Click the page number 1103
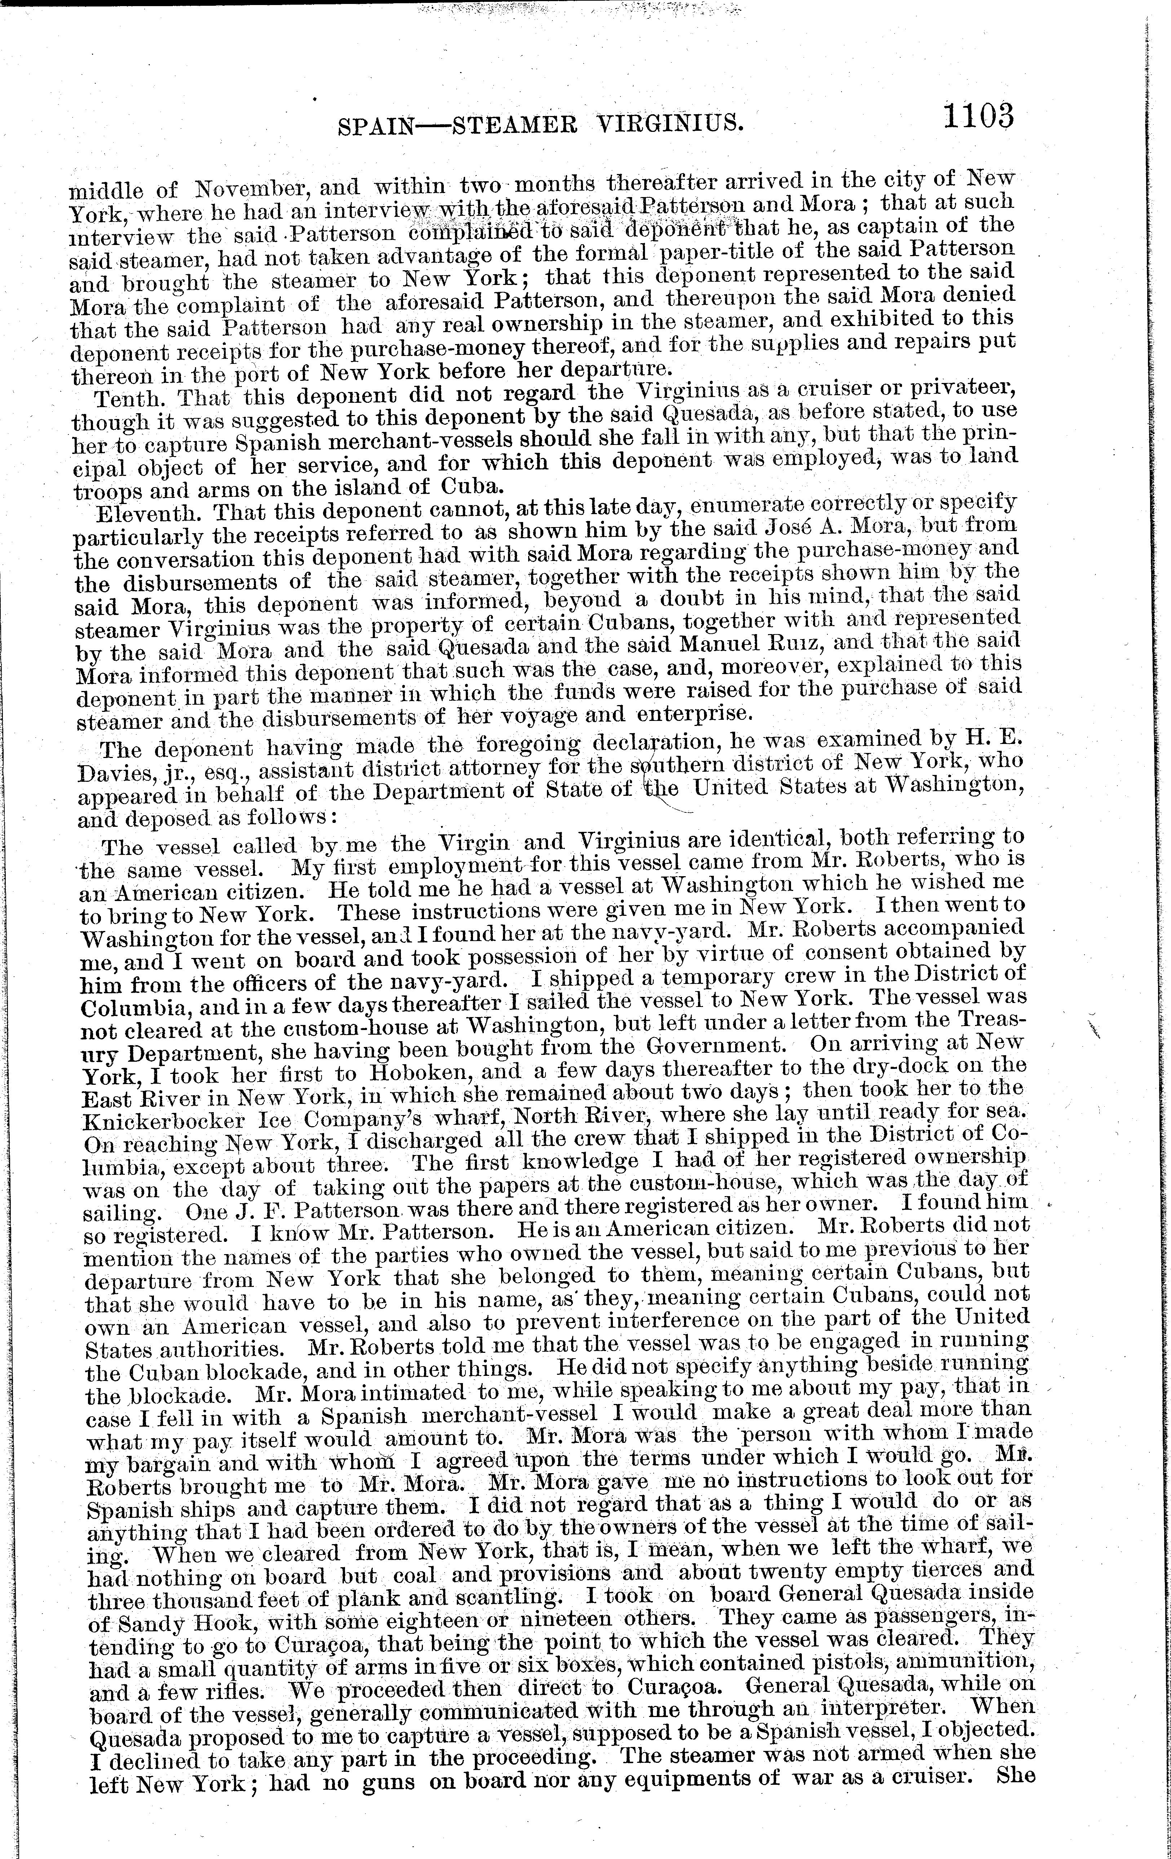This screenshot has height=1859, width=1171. [976, 117]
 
